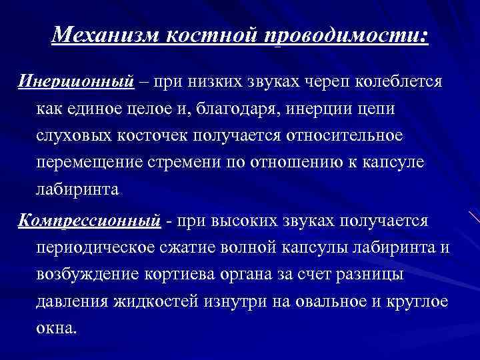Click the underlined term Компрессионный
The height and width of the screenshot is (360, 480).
tap(89, 220)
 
